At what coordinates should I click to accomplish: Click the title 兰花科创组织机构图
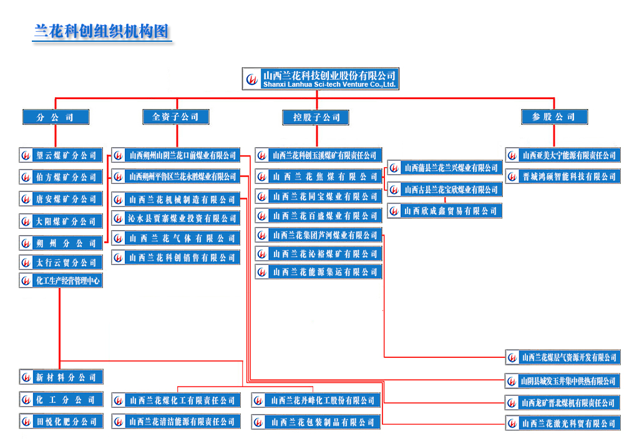101,31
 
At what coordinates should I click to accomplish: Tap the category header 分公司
56,117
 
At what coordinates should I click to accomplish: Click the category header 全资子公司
175,117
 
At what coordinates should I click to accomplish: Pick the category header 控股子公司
316,117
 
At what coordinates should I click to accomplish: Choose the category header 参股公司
554,117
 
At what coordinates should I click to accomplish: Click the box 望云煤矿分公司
61,155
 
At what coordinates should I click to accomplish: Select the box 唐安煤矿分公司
61,199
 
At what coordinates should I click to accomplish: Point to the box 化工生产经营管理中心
61,281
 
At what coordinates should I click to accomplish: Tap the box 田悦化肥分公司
61,422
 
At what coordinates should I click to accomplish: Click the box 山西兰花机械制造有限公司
176,200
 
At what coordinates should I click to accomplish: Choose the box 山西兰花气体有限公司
176,238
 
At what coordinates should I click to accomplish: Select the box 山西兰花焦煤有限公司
319,176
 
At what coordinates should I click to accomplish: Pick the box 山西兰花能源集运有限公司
319,272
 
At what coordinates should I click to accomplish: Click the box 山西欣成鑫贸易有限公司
444,211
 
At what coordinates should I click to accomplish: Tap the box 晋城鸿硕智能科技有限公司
563,176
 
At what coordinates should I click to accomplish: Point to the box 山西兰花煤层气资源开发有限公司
563,357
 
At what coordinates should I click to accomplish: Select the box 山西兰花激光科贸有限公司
563,423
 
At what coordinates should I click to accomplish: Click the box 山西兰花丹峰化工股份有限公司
316,400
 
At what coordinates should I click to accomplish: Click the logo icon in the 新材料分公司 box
26,377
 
